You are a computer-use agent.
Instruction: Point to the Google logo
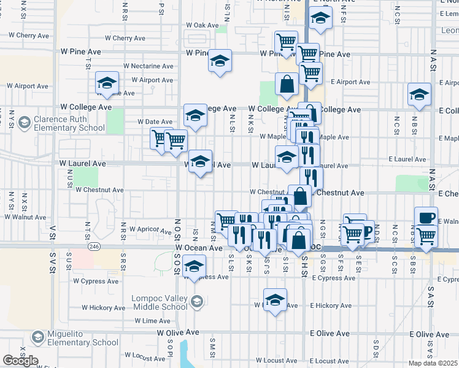[20, 361]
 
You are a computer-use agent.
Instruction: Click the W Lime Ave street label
[151, 321]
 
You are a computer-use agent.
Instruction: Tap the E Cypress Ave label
[333, 278]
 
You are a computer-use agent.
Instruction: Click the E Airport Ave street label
[350, 82]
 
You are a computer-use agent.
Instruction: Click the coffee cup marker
[426, 217]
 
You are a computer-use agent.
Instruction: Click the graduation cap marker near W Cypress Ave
[194, 266]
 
